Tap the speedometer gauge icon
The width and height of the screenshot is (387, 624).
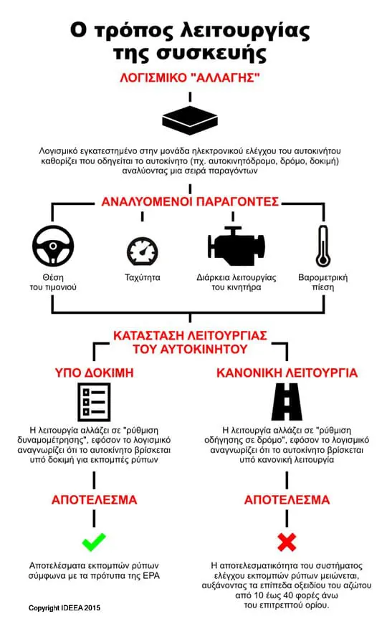click(x=143, y=251)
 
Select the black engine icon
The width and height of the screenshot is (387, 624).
click(x=236, y=246)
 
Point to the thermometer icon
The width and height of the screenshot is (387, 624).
click(x=323, y=246)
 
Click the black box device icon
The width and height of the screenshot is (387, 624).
click(x=190, y=120)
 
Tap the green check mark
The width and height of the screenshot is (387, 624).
click(x=94, y=542)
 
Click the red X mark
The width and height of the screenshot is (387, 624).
click(x=287, y=542)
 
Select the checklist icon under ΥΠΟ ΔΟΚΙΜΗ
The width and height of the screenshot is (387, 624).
click(x=94, y=402)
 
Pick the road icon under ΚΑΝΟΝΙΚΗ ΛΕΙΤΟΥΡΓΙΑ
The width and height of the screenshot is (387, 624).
click(x=287, y=402)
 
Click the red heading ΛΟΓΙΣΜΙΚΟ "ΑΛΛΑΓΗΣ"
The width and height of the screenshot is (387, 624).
click(x=190, y=77)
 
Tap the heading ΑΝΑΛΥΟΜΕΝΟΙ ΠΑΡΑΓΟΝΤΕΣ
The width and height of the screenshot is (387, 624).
click(x=190, y=202)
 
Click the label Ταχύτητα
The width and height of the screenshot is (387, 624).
click(x=143, y=277)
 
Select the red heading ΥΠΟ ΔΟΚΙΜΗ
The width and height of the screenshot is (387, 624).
click(x=94, y=373)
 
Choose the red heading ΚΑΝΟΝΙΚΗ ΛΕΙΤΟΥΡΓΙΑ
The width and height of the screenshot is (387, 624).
click(x=287, y=373)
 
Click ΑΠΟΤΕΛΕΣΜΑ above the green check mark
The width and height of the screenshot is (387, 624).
click(x=94, y=500)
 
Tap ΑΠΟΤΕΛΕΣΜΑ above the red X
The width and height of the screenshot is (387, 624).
click(x=287, y=500)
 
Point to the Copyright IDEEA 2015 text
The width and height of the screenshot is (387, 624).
click(x=64, y=608)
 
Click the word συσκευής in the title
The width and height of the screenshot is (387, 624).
click(x=211, y=53)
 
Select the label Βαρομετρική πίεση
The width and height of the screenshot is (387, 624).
click(x=323, y=282)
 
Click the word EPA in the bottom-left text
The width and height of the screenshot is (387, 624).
click(x=152, y=576)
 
